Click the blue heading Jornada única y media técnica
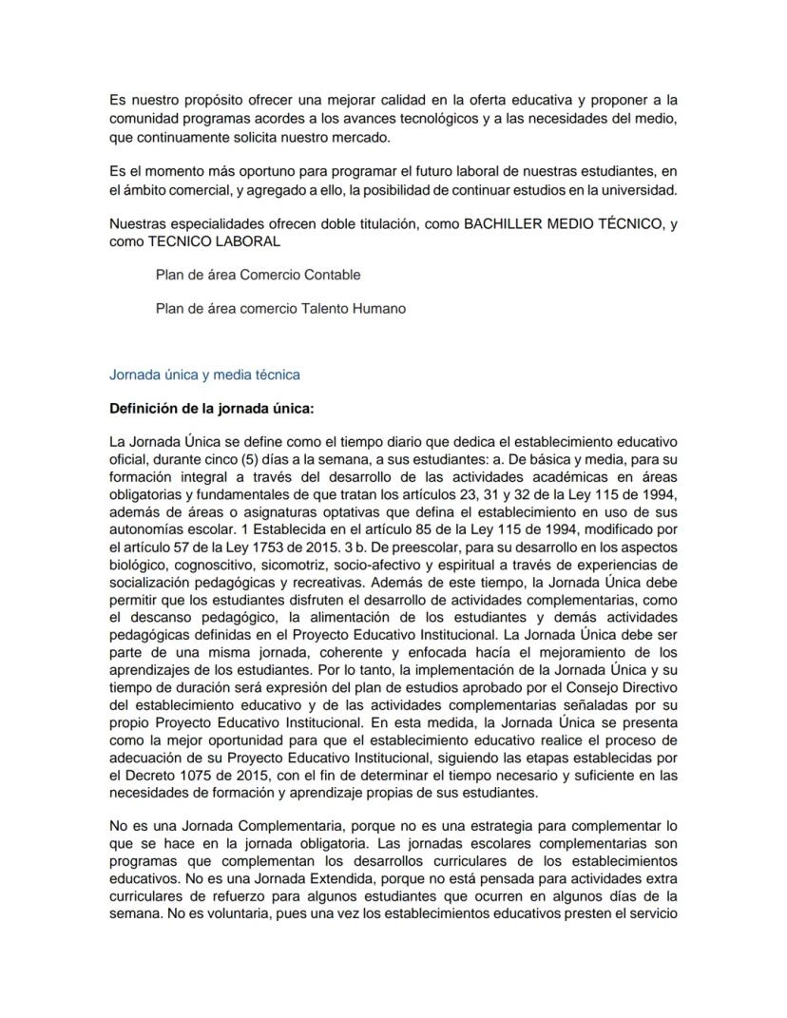click(x=204, y=375)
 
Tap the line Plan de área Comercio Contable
click(x=258, y=275)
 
